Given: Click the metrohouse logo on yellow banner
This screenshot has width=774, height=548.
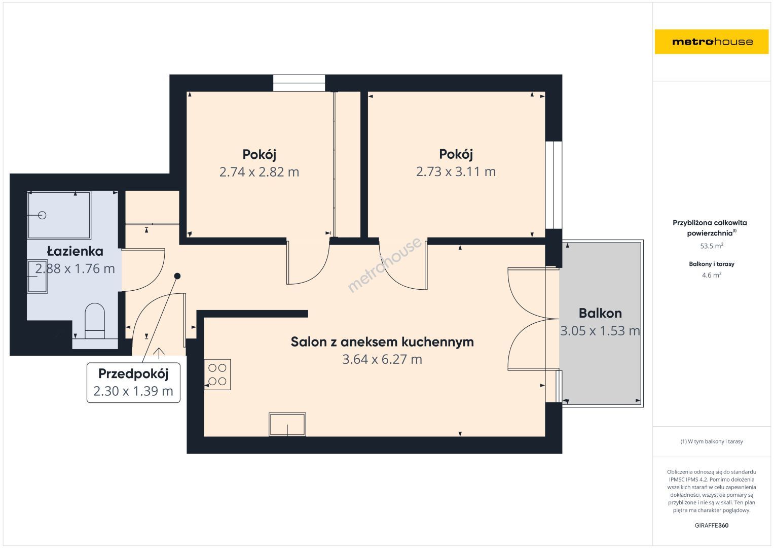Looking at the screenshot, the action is (x=712, y=42).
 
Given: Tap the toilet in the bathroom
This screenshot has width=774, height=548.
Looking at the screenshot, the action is (x=95, y=321).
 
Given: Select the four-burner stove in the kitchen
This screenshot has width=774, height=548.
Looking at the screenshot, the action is (x=217, y=374).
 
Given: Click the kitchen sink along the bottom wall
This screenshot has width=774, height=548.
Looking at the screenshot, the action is (x=287, y=424).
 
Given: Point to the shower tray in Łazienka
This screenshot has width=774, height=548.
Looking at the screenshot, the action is (x=59, y=215).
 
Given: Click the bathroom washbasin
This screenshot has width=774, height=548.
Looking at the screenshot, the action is (x=38, y=276).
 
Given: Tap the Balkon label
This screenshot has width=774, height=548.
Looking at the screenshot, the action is (x=600, y=313).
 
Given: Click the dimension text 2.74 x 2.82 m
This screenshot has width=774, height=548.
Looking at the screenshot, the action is (x=259, y=172).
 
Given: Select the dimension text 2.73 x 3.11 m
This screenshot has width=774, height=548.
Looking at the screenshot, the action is (x=456, y=172).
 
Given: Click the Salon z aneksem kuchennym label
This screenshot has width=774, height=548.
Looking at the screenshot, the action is (x=382, y=342).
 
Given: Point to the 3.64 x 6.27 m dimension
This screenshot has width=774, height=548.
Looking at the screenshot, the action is (x=382, y=359).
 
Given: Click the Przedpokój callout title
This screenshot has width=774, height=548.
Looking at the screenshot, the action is (x=133, y=374).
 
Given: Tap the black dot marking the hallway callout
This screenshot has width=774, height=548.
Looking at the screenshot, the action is (x=177, y=276).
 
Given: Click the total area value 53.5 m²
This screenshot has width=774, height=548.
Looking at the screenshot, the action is (x=712, y=246).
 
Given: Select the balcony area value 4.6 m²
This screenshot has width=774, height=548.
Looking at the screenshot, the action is (x=712, y=275).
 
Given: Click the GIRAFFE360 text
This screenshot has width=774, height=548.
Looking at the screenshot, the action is (x=712, y=525).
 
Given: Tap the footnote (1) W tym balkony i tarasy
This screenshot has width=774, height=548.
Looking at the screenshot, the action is (x=712, y=441).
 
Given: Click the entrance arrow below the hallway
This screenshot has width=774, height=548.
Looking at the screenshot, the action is (x=159, y=353).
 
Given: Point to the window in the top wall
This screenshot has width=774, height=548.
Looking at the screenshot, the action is (x=299, y=83).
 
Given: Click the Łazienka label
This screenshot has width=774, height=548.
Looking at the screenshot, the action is (x=75, y=251).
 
